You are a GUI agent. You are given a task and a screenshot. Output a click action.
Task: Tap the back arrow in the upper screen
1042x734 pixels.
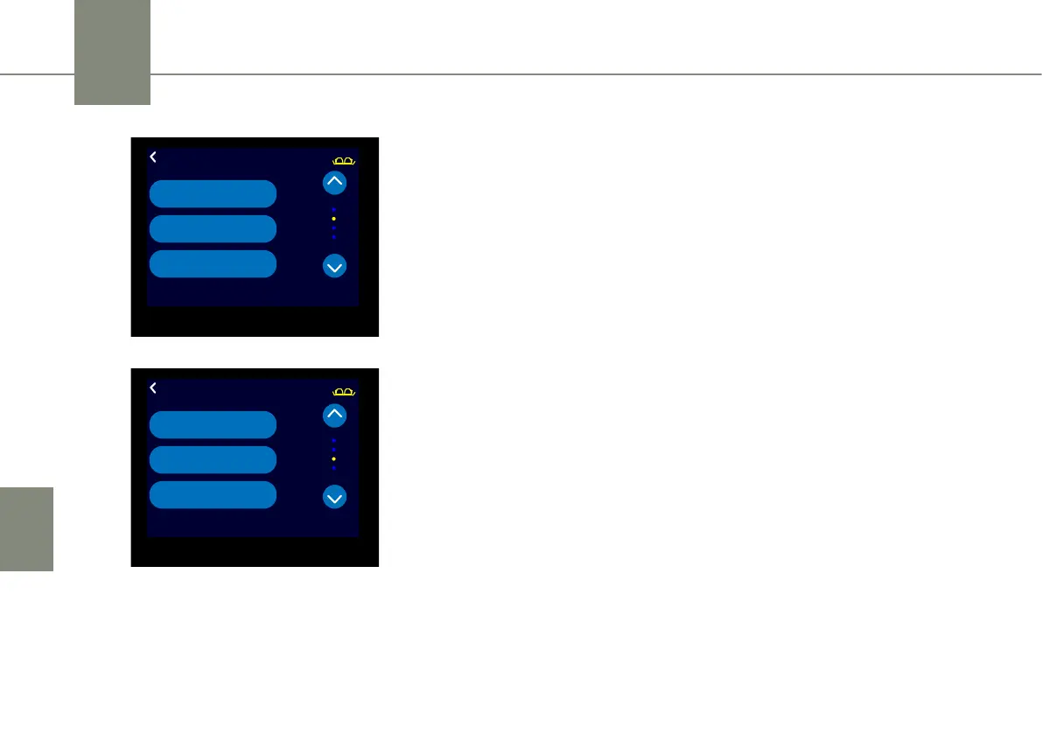(153, 157)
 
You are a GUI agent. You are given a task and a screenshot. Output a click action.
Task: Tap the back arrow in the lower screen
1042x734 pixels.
(153, 388)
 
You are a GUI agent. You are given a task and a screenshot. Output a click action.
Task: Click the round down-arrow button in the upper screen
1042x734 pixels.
(335, 266)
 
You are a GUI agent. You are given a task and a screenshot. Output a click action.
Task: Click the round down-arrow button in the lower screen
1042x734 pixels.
(335, 497)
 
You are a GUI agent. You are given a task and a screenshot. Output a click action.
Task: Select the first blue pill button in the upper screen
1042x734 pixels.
(213, 193)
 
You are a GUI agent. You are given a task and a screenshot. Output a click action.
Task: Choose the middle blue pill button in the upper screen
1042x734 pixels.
(213, 228)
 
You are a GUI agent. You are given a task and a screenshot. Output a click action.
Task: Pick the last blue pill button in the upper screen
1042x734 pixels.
(213, 263)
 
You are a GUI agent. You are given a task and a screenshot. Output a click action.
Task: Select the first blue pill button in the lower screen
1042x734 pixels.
(213, 424)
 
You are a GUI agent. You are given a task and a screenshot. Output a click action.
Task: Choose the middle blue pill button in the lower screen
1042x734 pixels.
(213, 459)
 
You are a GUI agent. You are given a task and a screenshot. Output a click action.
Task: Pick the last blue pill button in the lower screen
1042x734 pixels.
(213, 494)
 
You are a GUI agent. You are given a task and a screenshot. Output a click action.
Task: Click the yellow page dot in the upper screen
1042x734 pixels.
(334, 218)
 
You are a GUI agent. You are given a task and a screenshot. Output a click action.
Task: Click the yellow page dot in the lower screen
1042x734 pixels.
(334, 458)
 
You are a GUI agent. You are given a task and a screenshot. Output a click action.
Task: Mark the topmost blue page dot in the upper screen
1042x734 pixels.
(334, 209)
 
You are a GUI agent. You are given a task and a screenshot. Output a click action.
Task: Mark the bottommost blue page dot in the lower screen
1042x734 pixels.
(334, 468)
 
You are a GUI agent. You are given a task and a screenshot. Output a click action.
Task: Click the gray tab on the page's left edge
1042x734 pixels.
(26, 528)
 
